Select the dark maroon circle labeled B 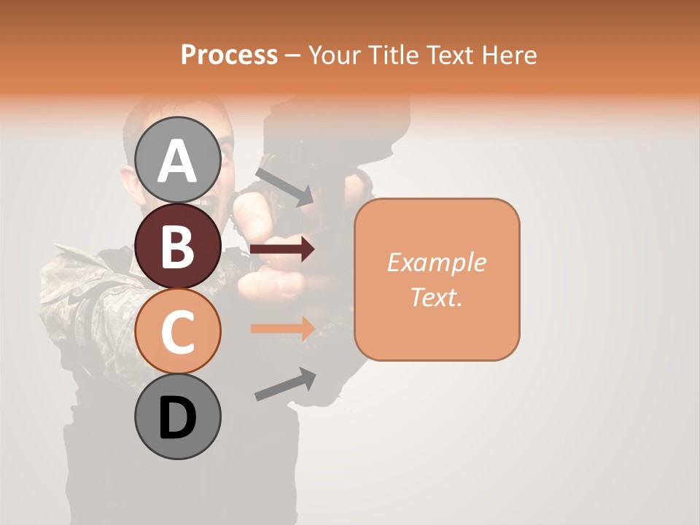point(178,246)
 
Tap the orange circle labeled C point(178,332)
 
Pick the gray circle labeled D point(178,416)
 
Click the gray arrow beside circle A point(284,187)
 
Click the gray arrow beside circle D point(285,384)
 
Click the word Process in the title point(229,55)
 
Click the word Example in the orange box point(436,262)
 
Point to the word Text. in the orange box point(436,297)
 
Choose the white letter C point(178,332)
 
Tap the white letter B point(178,247)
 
